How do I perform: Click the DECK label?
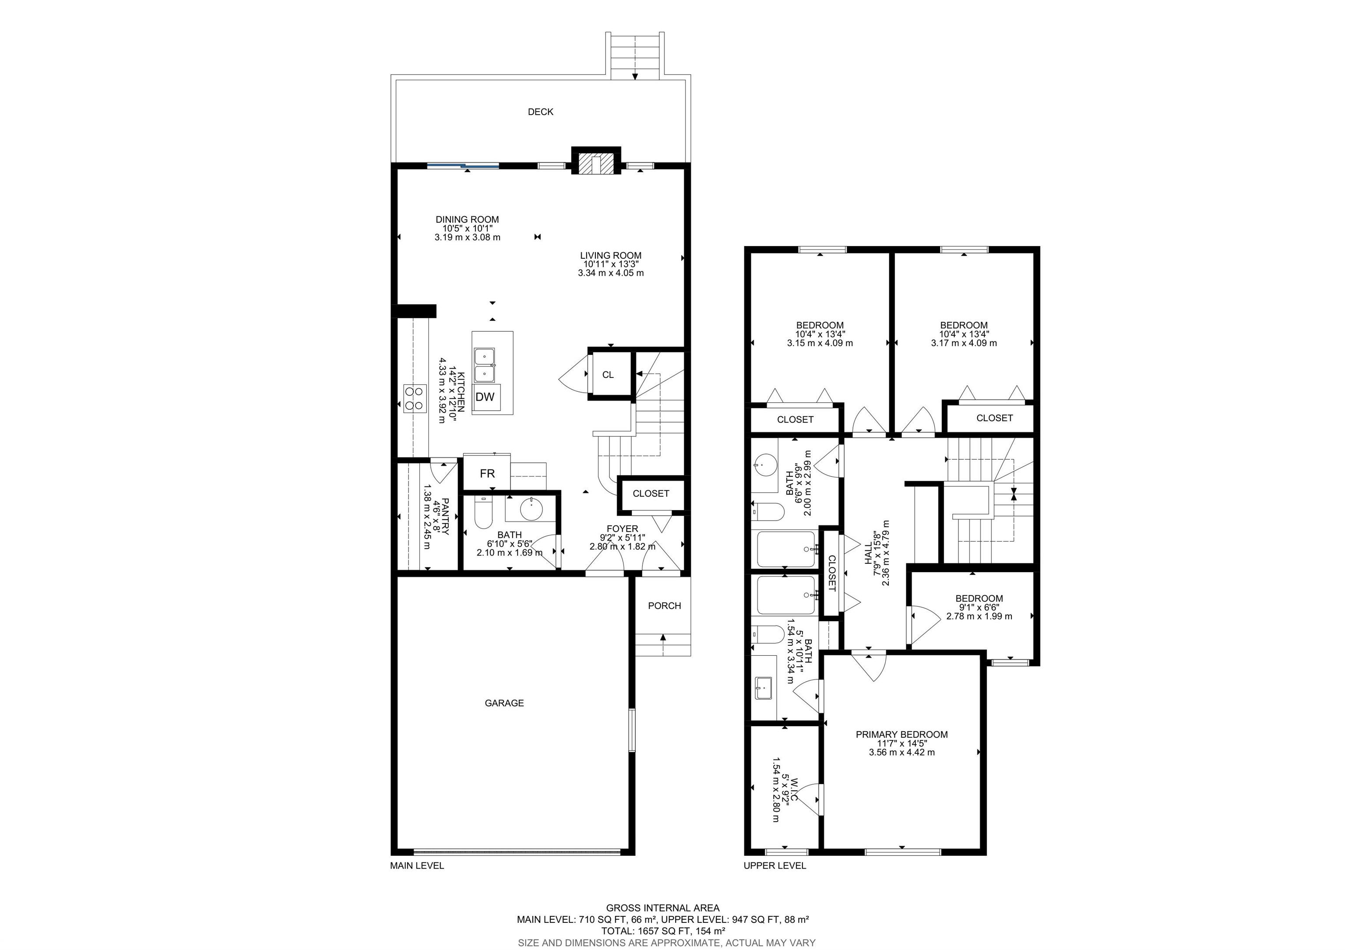[x=540, y=112]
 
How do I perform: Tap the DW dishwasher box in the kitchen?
[x=485, y=397]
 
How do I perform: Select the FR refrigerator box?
[x=487, y=473]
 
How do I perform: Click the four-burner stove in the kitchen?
[x=414, y=398]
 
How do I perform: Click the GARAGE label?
[x=504, y=703]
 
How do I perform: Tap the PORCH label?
[x=664, y=605]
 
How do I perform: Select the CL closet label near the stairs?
[x=608, y=375]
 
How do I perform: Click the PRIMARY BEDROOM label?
[x=901, y=735]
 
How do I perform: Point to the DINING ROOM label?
[x=467, y=220]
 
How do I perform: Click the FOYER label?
[x=622, y=529]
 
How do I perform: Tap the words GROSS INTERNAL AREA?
[x=662, y=908]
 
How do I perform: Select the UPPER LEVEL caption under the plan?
[x=775, y=866]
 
